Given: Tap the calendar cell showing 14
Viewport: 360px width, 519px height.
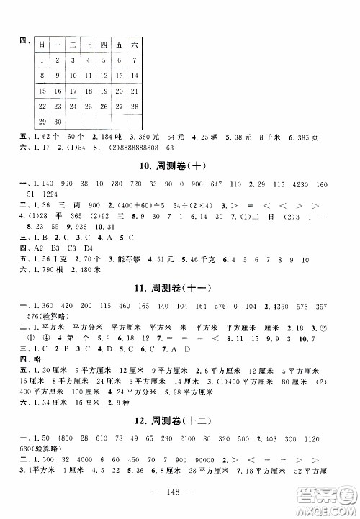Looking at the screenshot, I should pos(135,76).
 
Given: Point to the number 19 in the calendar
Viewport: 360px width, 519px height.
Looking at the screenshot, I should pos(104,91).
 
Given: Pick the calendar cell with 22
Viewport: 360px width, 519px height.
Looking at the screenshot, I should pos(43,106).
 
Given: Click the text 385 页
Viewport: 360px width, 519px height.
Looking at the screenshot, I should pos(321,137).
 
